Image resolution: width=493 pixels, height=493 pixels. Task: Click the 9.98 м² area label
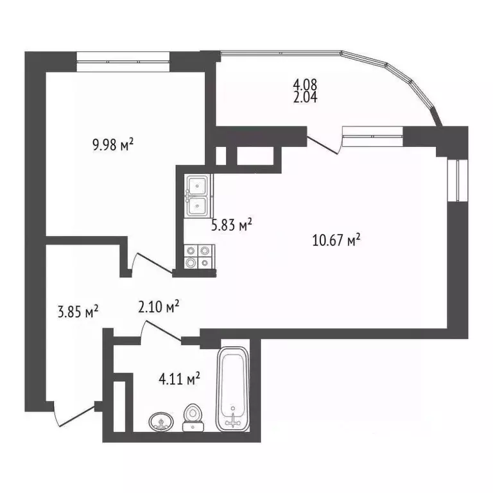tap(112, 144)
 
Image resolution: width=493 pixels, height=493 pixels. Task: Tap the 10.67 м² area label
tap(334, 241)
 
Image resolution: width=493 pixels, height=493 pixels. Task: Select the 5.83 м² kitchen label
tap(231, 225)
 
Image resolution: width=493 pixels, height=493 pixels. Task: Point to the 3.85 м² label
tap(78, 312)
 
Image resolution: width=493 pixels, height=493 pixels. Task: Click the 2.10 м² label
tap(158, 308)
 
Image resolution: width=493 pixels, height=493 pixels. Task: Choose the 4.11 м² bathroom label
tap(180, 379)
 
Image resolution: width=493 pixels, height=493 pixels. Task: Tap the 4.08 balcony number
tap(306, 84)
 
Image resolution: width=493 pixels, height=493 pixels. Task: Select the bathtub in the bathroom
tap(232, 389)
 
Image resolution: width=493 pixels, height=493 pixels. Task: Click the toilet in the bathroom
tap(192, 417)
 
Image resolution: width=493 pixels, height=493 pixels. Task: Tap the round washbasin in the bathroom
tap(160, 422)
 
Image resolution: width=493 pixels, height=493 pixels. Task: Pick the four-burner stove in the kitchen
tap(197, 257)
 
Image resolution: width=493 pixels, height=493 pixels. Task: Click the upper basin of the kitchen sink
tap(196, 185)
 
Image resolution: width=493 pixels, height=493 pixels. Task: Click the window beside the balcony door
tap(372, 134)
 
